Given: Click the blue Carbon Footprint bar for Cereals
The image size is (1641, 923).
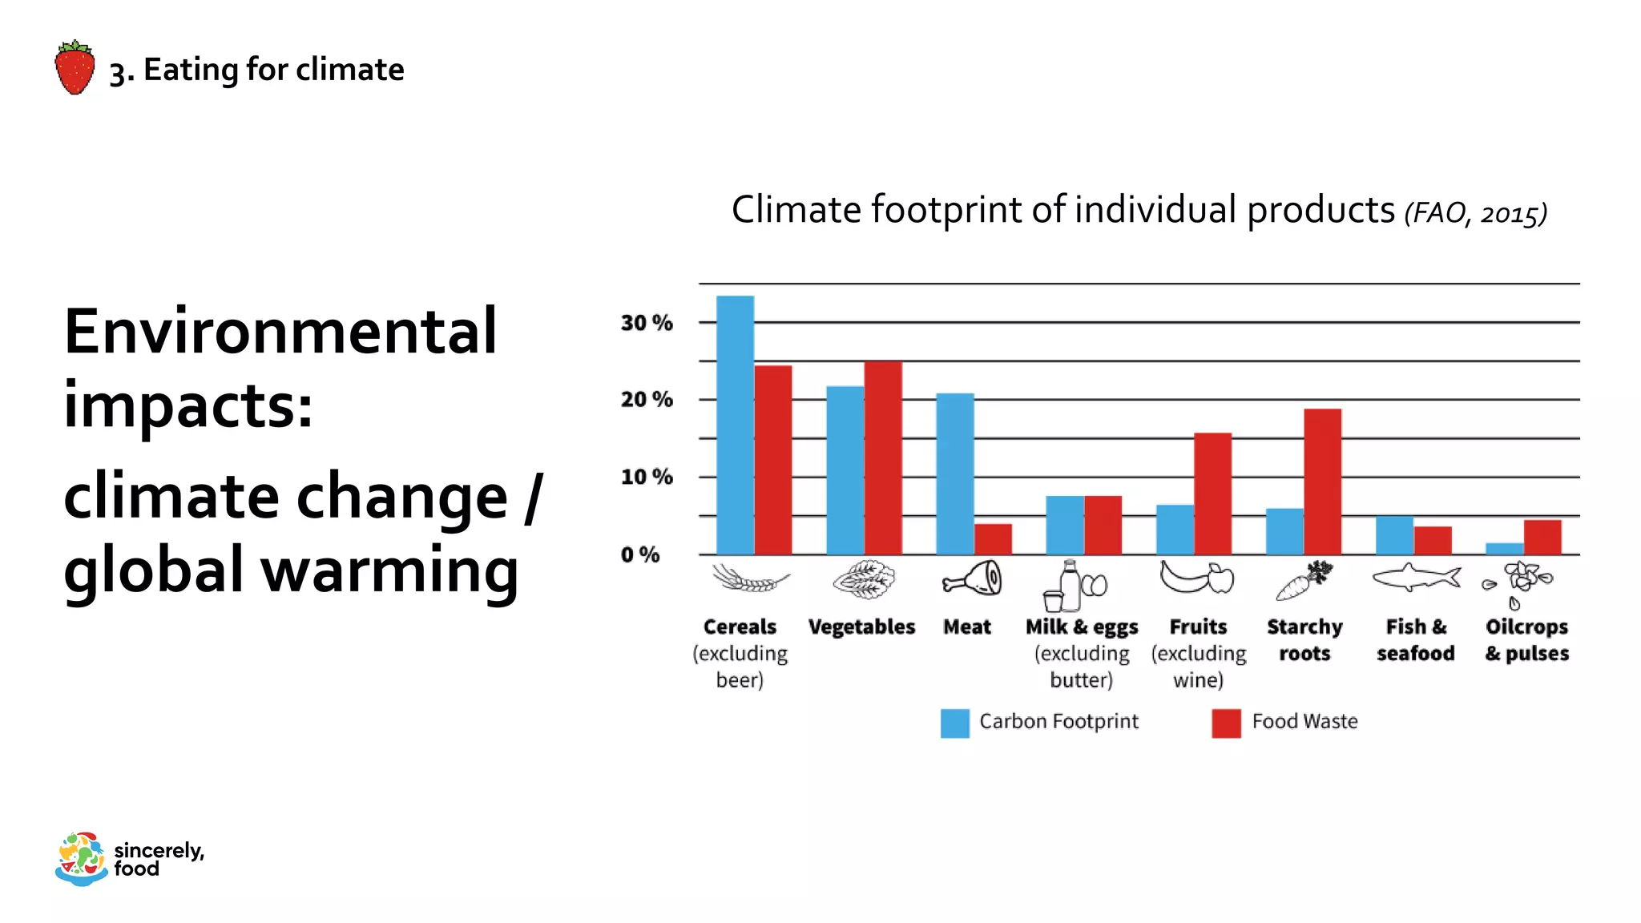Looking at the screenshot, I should click(735, 425).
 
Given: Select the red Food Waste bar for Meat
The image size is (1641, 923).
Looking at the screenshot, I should click(993, 539).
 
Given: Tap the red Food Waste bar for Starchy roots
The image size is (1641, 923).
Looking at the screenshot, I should click(1322, 482).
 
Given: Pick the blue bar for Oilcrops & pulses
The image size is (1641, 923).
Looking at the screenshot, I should click(1504, 549).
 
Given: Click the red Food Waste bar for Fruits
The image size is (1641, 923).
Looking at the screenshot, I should click(1212, 494).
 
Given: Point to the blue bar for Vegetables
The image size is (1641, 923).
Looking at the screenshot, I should click(845, 470).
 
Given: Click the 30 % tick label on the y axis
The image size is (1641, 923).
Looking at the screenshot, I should click(646, 323).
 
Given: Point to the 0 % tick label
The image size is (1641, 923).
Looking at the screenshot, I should click(639, 554).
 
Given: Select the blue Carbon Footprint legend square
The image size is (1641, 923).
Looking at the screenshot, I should click(954, 723).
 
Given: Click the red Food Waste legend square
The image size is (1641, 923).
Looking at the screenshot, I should click(1226, 723).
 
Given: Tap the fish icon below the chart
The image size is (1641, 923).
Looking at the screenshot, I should click(1416, 577).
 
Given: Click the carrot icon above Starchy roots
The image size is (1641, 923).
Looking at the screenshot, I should click(1304, 581).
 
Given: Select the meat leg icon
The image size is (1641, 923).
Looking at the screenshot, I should click(972, 578).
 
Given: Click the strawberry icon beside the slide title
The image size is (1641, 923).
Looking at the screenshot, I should click(75, 68).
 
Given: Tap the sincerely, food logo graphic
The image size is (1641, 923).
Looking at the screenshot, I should click(81, 859).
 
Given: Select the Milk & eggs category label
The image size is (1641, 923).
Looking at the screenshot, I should click(1081, 627).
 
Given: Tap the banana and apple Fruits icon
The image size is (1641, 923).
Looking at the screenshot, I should click(1196, 577).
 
